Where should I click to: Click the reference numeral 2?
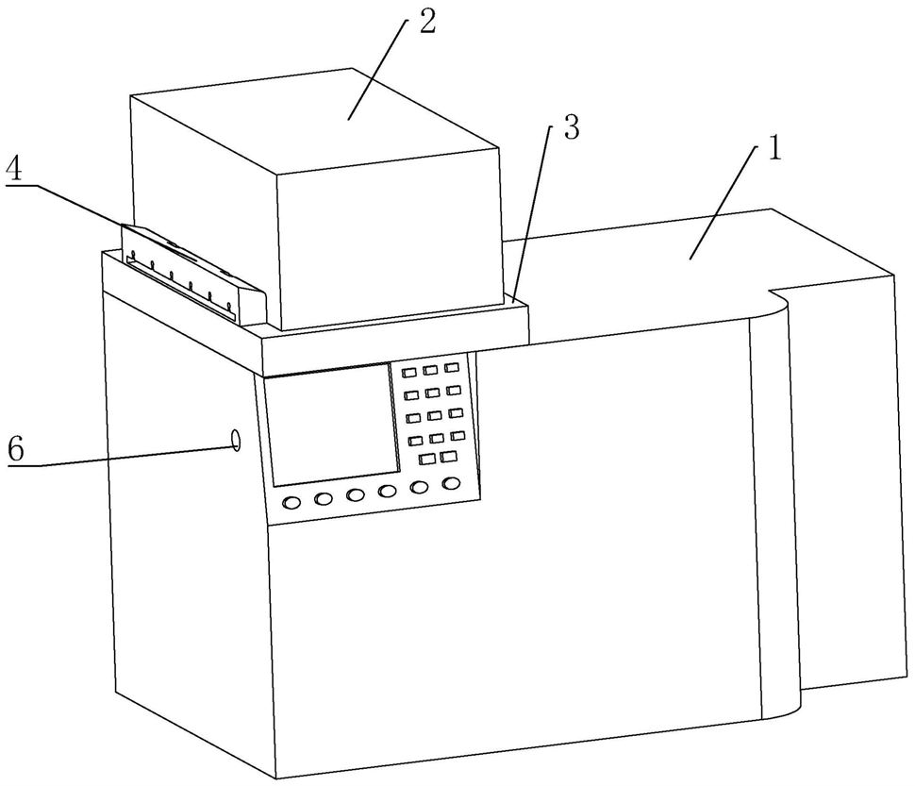pos(426,24)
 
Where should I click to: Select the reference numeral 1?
pos(773,149)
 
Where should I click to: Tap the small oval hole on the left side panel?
pos(235,439)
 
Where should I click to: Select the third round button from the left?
pos(356,495)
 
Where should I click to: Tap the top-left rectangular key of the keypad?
pos(409,374)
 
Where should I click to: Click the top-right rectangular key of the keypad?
pos(452,368)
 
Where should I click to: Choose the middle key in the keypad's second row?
pos(432,393)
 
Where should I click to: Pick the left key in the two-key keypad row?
pos(426,460)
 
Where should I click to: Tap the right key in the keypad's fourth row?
pos(457,435)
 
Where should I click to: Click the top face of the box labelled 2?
pos(311,123)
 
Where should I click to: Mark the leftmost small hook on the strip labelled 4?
pos(133,257)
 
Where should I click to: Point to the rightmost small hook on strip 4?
pos(229,304)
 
